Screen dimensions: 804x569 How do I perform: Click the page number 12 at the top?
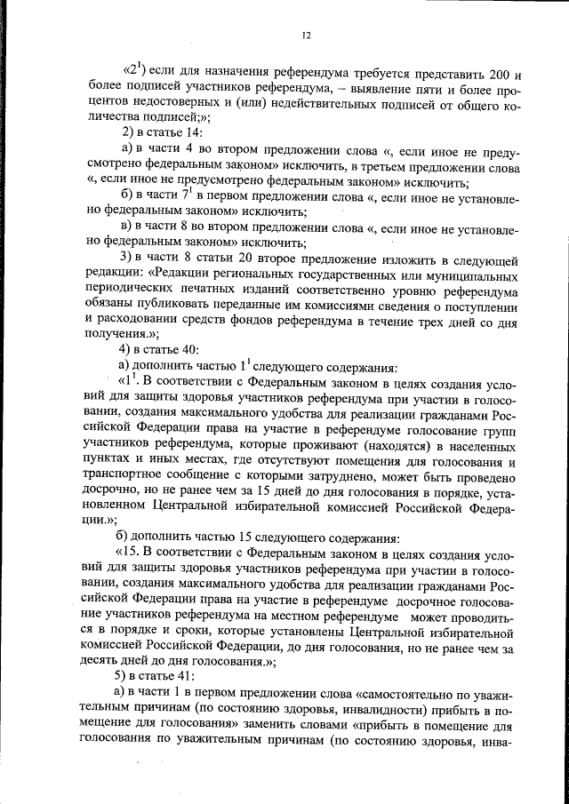(x=305, y=36)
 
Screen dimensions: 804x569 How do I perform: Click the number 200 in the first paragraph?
(x=497, y=75)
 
